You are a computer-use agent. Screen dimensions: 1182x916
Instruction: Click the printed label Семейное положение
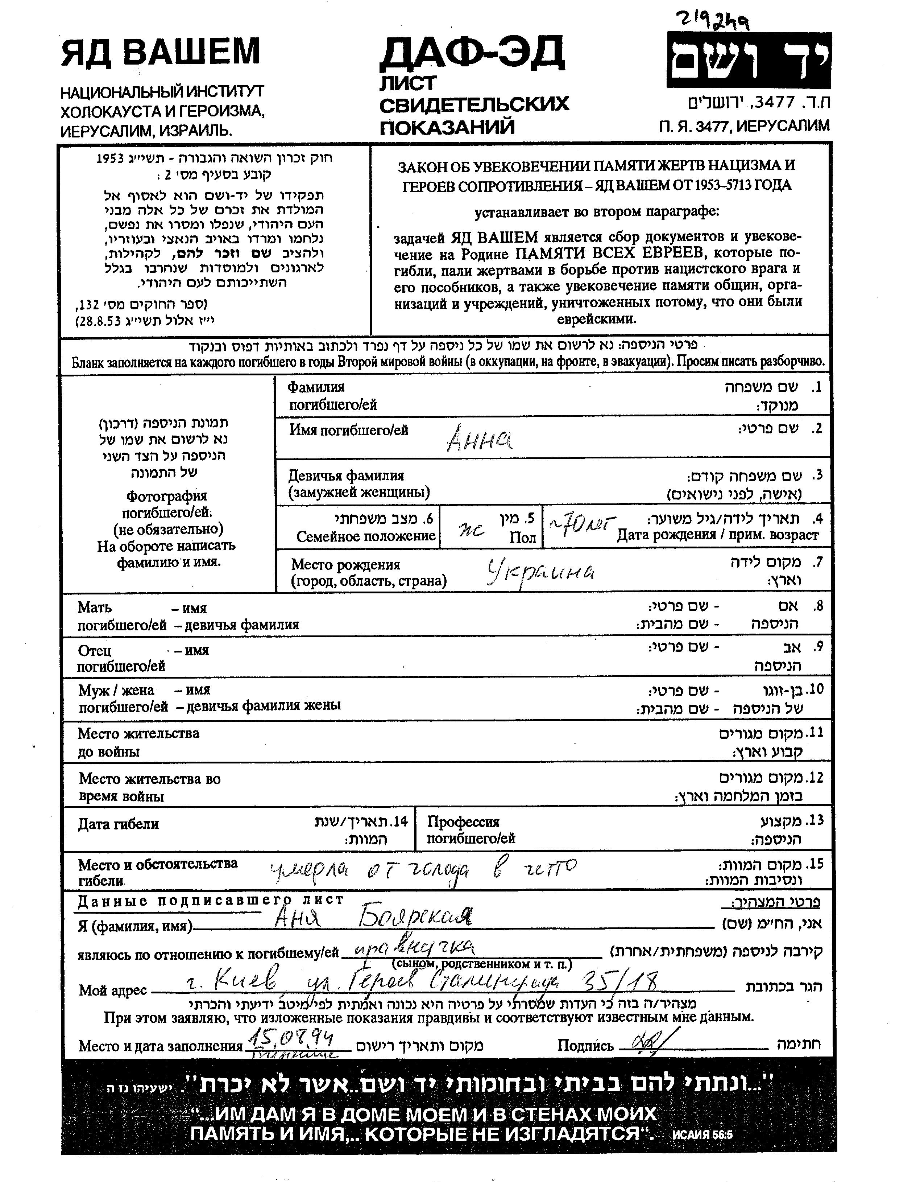point(366,536)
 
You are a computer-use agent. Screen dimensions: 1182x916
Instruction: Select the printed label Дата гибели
point(119,824)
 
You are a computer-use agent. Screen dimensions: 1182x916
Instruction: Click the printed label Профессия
point(463,822)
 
